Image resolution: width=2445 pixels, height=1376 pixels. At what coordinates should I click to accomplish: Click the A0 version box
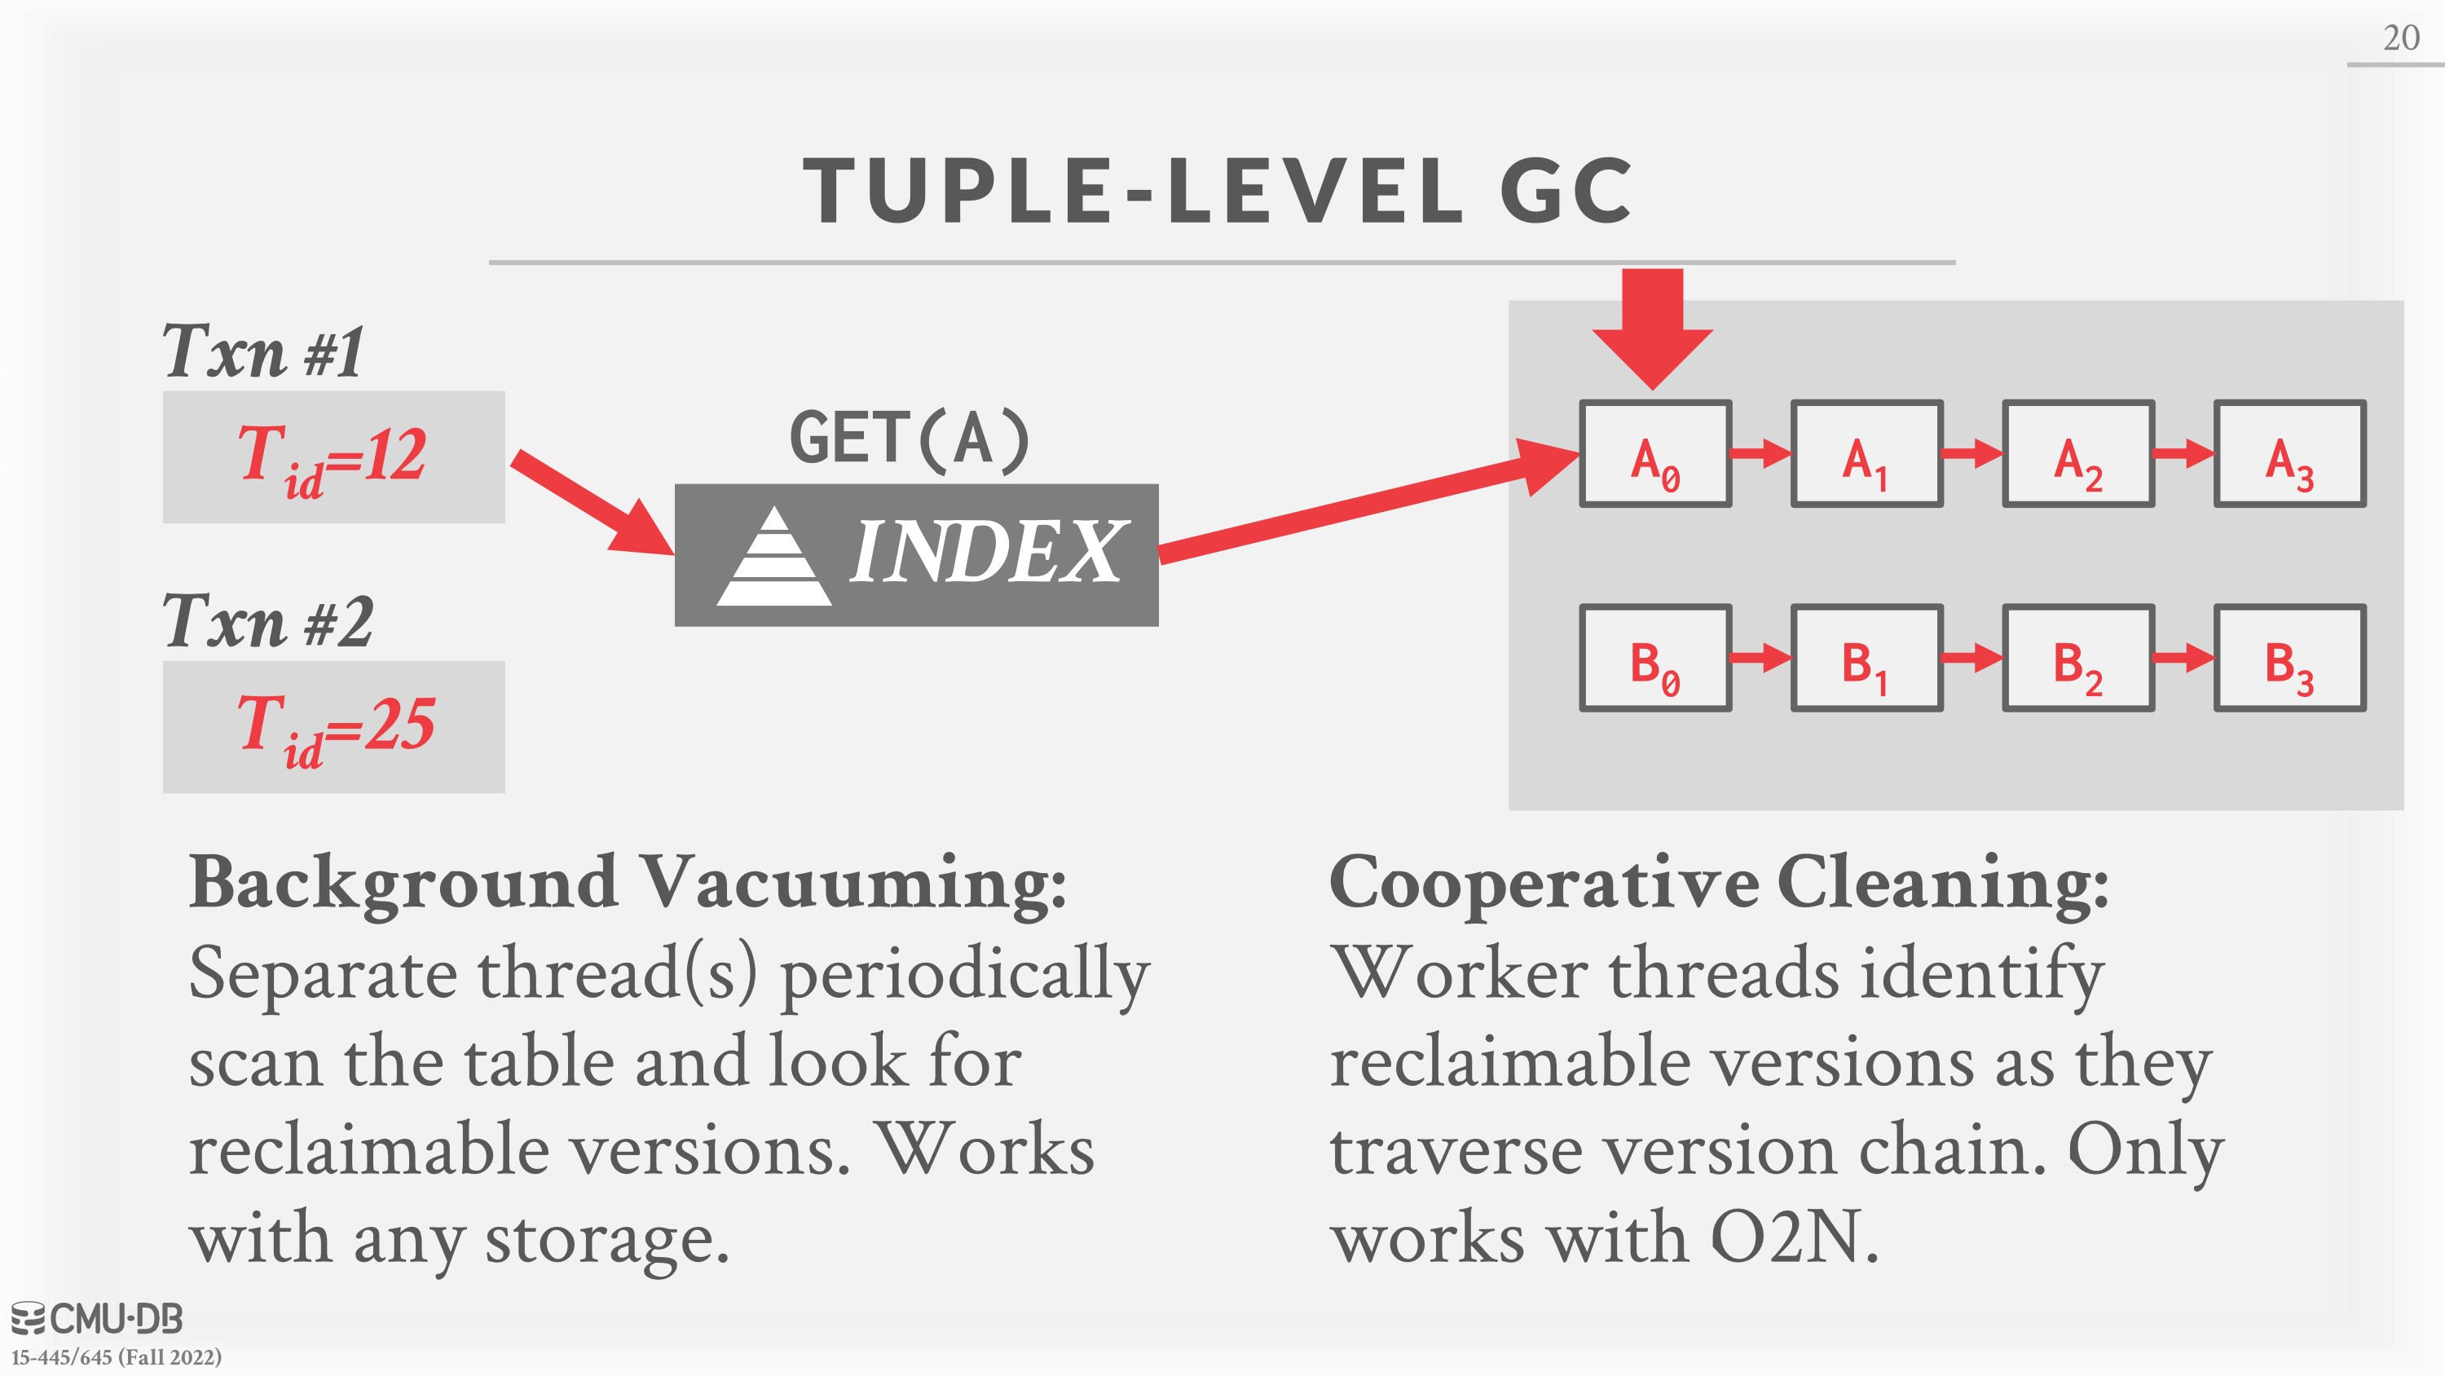pyautogui.click(x=1655, y=454)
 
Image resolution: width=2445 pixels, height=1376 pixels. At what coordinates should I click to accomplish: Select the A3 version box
pyautogui.click(x=2290, y=454)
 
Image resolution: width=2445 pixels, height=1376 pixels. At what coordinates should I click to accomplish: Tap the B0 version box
pyautogui.click(x=1655, y=658)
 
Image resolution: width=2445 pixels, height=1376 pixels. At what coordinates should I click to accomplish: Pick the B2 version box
pyautogui.click(x=2078, y=658)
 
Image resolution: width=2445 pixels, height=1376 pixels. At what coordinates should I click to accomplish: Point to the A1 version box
pyautogui.click(x=1867, y=454)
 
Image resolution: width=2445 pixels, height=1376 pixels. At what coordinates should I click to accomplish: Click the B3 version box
pyautogui.click(x=2290, y=658)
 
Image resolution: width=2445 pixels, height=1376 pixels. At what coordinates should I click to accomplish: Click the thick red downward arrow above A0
pyautogui.click(x=1653, y=329)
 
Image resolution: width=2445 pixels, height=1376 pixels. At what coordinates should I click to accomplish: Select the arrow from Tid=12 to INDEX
pyautogui.click(x=593, y=503)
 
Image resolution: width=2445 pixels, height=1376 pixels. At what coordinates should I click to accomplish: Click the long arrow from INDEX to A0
pyautogui.click(x=1368, y=500)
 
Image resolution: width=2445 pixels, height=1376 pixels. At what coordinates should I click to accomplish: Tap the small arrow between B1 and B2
pyautogui.click(x=1973, y=657)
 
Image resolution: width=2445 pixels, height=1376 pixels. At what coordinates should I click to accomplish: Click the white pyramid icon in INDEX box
pyautogui.click(x=774, y=555)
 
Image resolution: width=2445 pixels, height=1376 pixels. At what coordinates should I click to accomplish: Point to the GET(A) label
pyautogui.click(x=910, y=439)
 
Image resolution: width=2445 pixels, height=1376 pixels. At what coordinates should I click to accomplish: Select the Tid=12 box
pyautogui.click(x=334, y=456)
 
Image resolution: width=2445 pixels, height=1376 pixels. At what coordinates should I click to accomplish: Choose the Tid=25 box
pyautogui.click(x=334, y=726)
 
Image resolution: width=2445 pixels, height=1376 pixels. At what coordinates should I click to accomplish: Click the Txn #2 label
pyautogui.click(x=267, y=621)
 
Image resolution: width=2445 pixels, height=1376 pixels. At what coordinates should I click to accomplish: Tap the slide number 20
pyautogui.click(x=2401, y=38)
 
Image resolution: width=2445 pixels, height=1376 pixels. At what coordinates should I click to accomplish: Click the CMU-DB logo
pyautogui.click(x=97, y=1319)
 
